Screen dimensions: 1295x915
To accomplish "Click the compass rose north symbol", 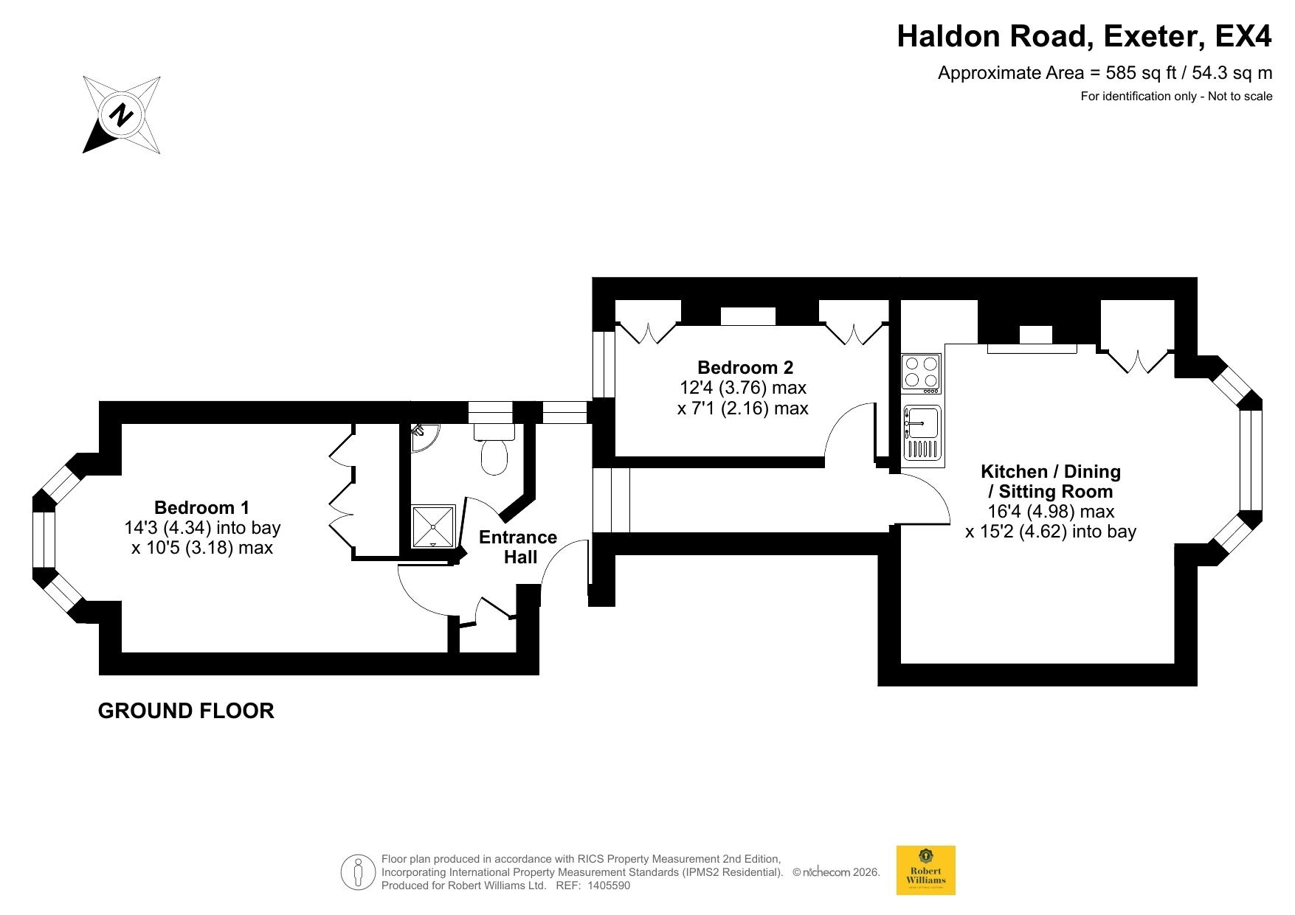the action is (x=122, y=114).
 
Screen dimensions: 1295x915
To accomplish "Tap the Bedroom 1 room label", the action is (x=201, y=507).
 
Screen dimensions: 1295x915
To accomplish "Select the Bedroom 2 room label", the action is (x=745, y=367).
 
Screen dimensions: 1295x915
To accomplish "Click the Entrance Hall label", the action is (x=518, y=546).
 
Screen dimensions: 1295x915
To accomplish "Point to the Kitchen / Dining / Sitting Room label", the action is (x=1051, y=481).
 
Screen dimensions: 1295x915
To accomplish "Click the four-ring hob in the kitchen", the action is (x=922, y=372).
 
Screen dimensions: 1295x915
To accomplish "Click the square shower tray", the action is (x=433, y=526).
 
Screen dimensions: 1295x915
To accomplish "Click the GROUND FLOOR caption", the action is (x=186, y=711).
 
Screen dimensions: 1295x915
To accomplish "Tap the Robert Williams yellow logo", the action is (x=925, y=870).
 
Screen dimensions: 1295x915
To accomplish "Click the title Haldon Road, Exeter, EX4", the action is (x=1084, y=36).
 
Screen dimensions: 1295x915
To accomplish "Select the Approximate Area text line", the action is (x=1105, y=73).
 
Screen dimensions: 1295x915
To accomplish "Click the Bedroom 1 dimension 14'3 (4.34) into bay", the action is (x=203, y=528).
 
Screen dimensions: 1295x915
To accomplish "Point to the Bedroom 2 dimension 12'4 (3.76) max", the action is (x=743, y=387).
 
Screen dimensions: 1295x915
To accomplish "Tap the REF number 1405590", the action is (x=608, y=886).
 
